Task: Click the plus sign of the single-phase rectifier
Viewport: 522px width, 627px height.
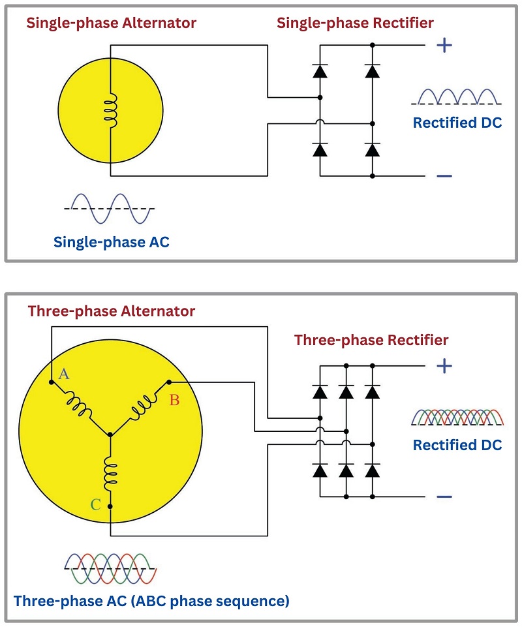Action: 444,45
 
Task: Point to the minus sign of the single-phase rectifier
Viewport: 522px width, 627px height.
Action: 444,176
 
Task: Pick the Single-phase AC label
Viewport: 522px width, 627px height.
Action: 111,242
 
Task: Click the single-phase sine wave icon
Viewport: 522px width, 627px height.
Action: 108,207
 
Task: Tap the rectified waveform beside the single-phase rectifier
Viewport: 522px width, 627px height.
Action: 457,97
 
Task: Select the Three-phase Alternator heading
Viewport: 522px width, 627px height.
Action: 111,311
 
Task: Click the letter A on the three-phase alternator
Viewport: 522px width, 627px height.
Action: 64,374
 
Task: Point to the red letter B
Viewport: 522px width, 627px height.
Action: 174,400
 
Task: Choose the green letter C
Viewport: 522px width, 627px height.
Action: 96,504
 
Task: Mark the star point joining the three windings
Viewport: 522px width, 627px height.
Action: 110,433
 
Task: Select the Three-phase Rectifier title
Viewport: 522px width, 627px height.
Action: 371,341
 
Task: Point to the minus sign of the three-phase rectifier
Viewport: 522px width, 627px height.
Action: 444,497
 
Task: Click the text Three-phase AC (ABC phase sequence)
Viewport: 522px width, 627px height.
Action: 151,600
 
